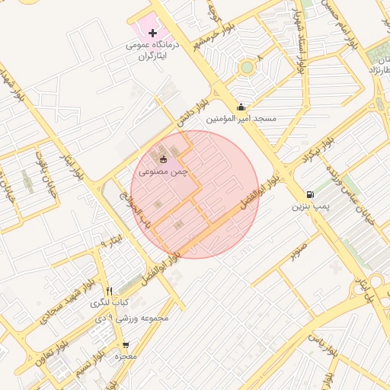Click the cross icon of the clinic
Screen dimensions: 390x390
(154, 34)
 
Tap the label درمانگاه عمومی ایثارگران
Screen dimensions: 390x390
(155, 51)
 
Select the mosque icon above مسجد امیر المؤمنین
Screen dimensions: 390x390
(241, 107)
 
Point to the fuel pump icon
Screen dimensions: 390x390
(309, 194)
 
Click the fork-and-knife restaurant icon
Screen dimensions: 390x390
(110, 291)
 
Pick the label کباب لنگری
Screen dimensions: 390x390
(110, 303)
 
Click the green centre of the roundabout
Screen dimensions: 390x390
(246, 68)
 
